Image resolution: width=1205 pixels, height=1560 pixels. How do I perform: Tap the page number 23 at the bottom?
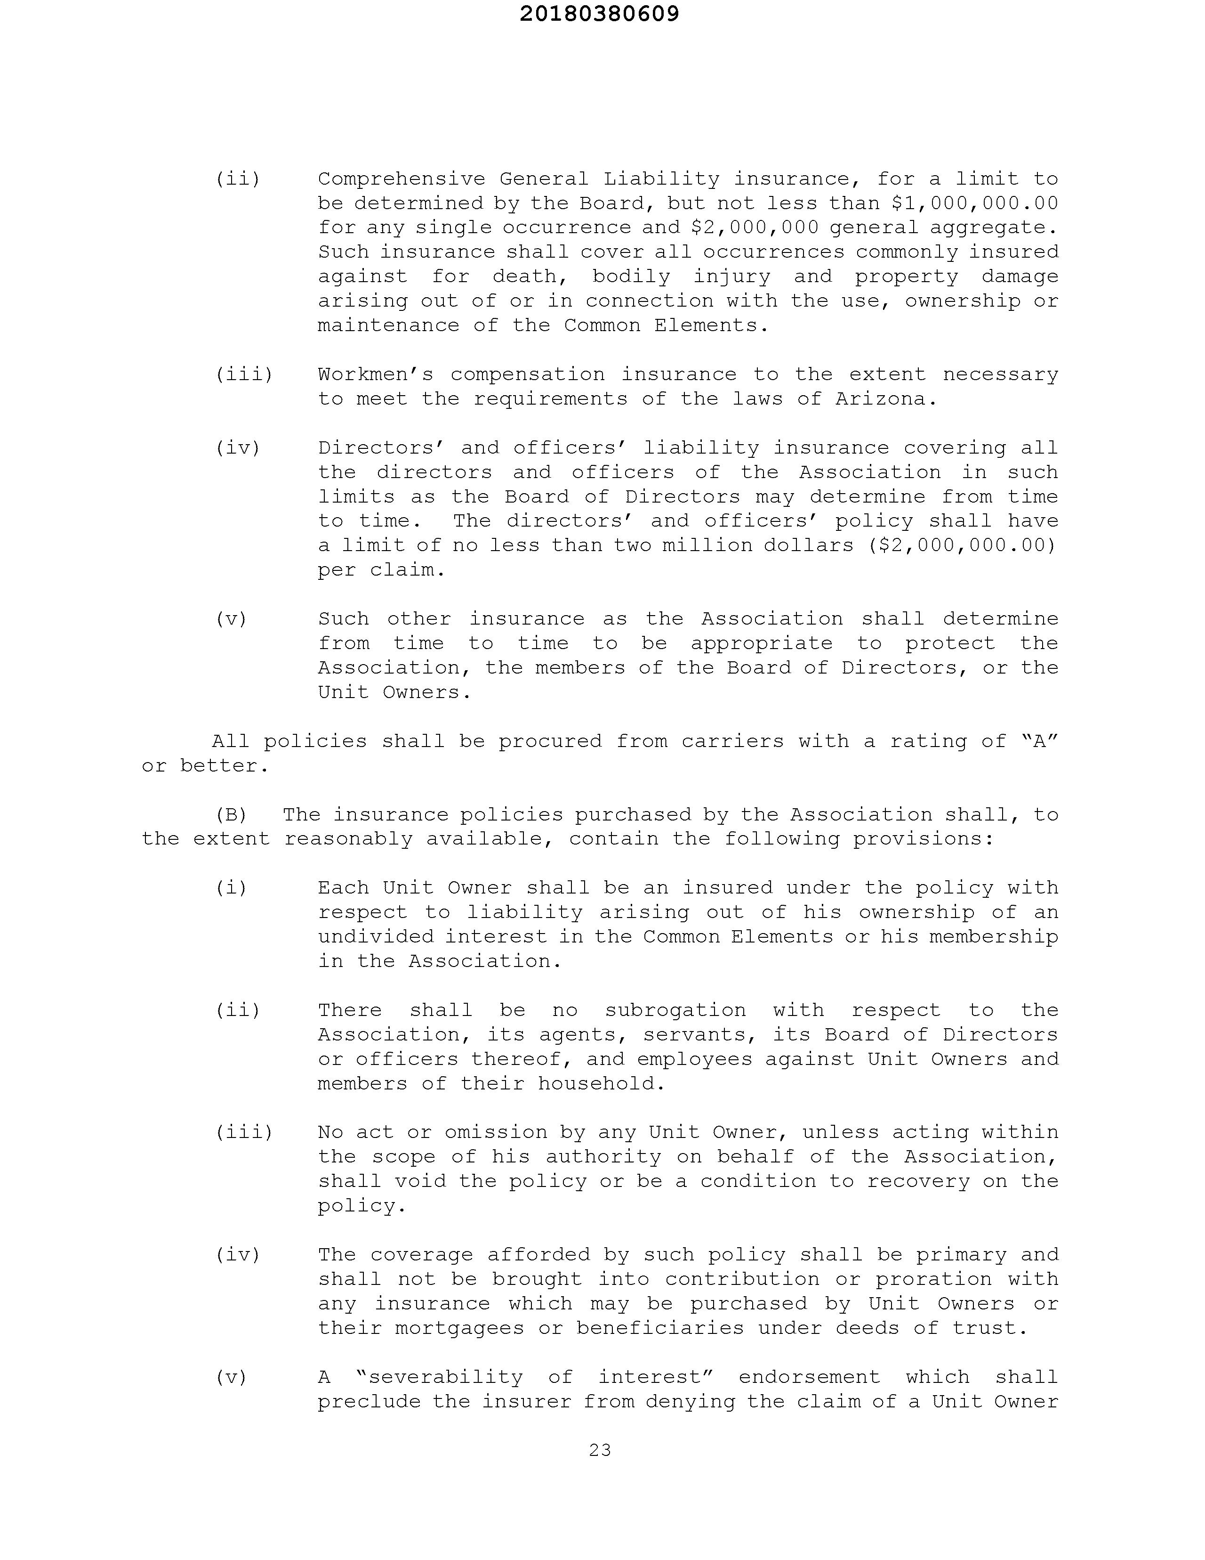pyautogui.click(x=600, y=1450)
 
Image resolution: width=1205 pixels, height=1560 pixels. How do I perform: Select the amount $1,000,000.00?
pyautogui.click(x=975, y=203)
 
